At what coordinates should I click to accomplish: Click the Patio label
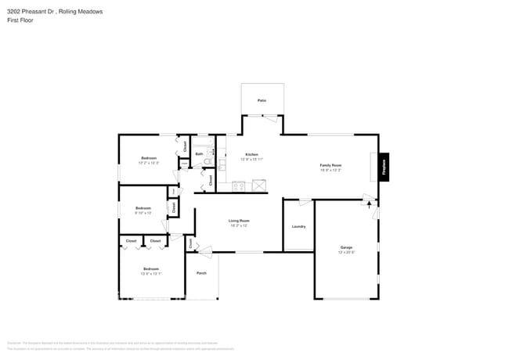pos(262,101)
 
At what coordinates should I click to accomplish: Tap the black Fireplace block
pos(384,167)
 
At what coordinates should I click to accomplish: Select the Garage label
pos(345,247)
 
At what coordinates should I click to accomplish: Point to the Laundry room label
pos(298,226)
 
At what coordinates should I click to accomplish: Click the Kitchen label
pos(251,154)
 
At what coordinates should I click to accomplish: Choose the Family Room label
pos(330,165)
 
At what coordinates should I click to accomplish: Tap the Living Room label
pos(238,221)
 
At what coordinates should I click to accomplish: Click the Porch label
pos(201,273)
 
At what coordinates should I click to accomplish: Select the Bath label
pos(200,154)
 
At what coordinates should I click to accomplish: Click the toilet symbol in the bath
pos(208,163)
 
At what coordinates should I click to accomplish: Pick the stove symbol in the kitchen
pos(239,186)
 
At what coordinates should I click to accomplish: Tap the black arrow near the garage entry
pos(369,205)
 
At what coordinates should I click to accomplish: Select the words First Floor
pos(19,20)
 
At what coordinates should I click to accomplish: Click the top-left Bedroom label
pos(149,158)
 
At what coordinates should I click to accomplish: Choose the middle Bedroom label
pos(143,207)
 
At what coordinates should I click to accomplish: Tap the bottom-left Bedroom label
pos(150,269)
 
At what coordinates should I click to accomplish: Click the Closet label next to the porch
pos(190,243)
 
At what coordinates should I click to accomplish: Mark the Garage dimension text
pos(346,253)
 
